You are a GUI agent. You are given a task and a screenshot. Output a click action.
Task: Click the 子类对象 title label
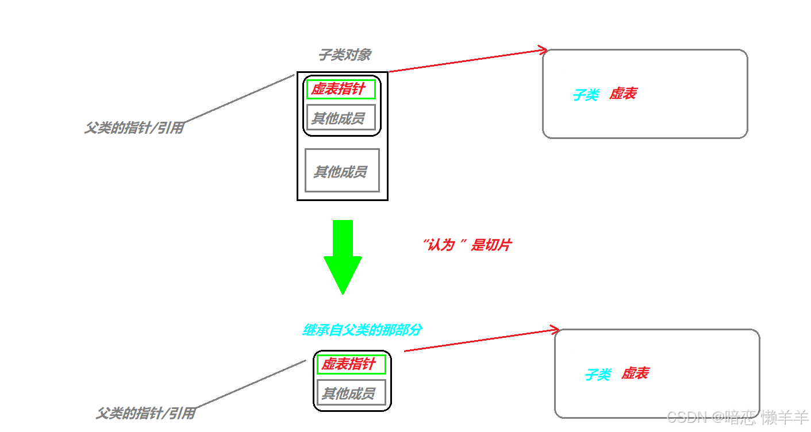click(344, 55)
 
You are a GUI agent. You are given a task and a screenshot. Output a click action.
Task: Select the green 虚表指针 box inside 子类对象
click(341, 90)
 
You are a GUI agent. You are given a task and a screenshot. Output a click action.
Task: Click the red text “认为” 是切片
click(467, 245)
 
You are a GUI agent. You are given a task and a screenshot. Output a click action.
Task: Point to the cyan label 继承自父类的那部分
click(362, 330)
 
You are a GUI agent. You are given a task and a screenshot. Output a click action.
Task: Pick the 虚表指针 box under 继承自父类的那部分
click(351, 364)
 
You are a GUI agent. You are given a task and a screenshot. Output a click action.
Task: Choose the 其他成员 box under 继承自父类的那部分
click(351, 393)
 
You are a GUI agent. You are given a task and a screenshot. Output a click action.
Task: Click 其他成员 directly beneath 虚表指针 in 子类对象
click(341, 118)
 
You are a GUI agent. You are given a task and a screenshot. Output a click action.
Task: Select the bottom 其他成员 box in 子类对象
click(342, 171)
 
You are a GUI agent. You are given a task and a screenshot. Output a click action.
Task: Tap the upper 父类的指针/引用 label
click(134, 128)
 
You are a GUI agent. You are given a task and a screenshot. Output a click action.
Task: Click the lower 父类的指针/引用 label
click(145, 414)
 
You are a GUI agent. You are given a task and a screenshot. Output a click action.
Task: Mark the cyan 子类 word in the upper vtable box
click(586, 95)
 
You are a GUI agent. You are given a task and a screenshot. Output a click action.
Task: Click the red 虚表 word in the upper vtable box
click(622, 94)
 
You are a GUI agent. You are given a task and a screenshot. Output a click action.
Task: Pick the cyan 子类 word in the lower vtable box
click(598, 375)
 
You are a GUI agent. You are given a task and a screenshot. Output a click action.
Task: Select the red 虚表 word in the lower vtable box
click(635, 373)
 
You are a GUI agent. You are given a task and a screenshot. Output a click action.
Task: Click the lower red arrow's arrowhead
click(555, 330)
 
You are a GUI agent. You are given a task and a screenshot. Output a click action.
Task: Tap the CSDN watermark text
click(737, 417)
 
